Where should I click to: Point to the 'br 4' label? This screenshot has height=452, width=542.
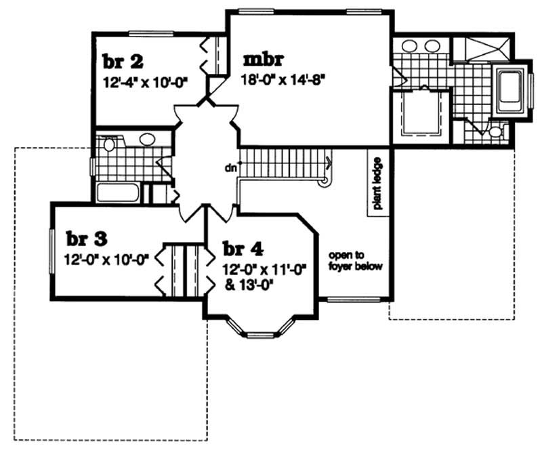(241, 249)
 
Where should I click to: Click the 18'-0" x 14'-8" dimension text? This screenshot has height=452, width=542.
(285, 78)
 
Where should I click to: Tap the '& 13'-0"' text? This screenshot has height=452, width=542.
(248, 283)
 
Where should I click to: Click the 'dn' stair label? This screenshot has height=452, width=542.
(232, 167)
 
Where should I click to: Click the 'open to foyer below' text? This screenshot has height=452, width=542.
(356, 261)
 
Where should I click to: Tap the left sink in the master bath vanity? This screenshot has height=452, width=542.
(410, 46)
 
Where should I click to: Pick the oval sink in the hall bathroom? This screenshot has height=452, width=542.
(146, 140)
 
